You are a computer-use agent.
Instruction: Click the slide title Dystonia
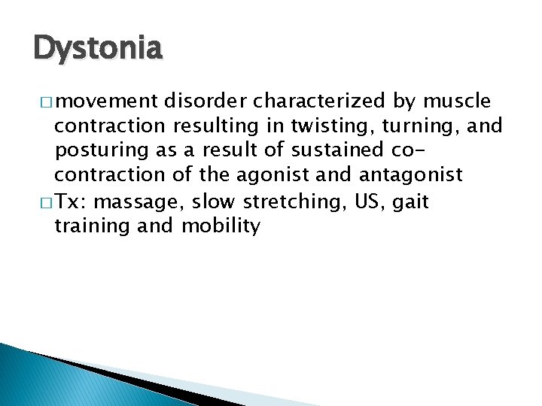click(x=97, y=49)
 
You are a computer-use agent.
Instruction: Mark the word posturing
click(x=101, y=150)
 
